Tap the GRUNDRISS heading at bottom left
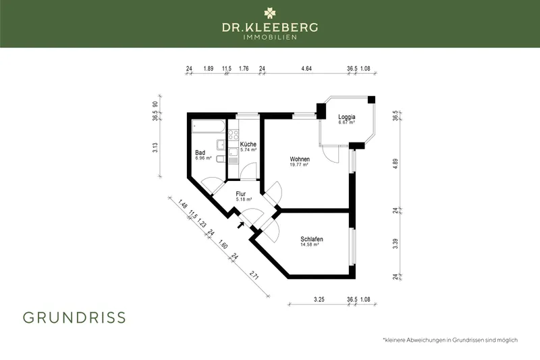pos(74,317)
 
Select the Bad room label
pos(200,153)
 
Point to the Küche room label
pos(247,145)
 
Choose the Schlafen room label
pos(311,240)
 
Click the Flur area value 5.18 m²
pos(244,200)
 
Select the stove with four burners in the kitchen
pos(234,134)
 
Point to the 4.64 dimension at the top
pos(306,68)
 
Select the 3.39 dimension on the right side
pos(396,243)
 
